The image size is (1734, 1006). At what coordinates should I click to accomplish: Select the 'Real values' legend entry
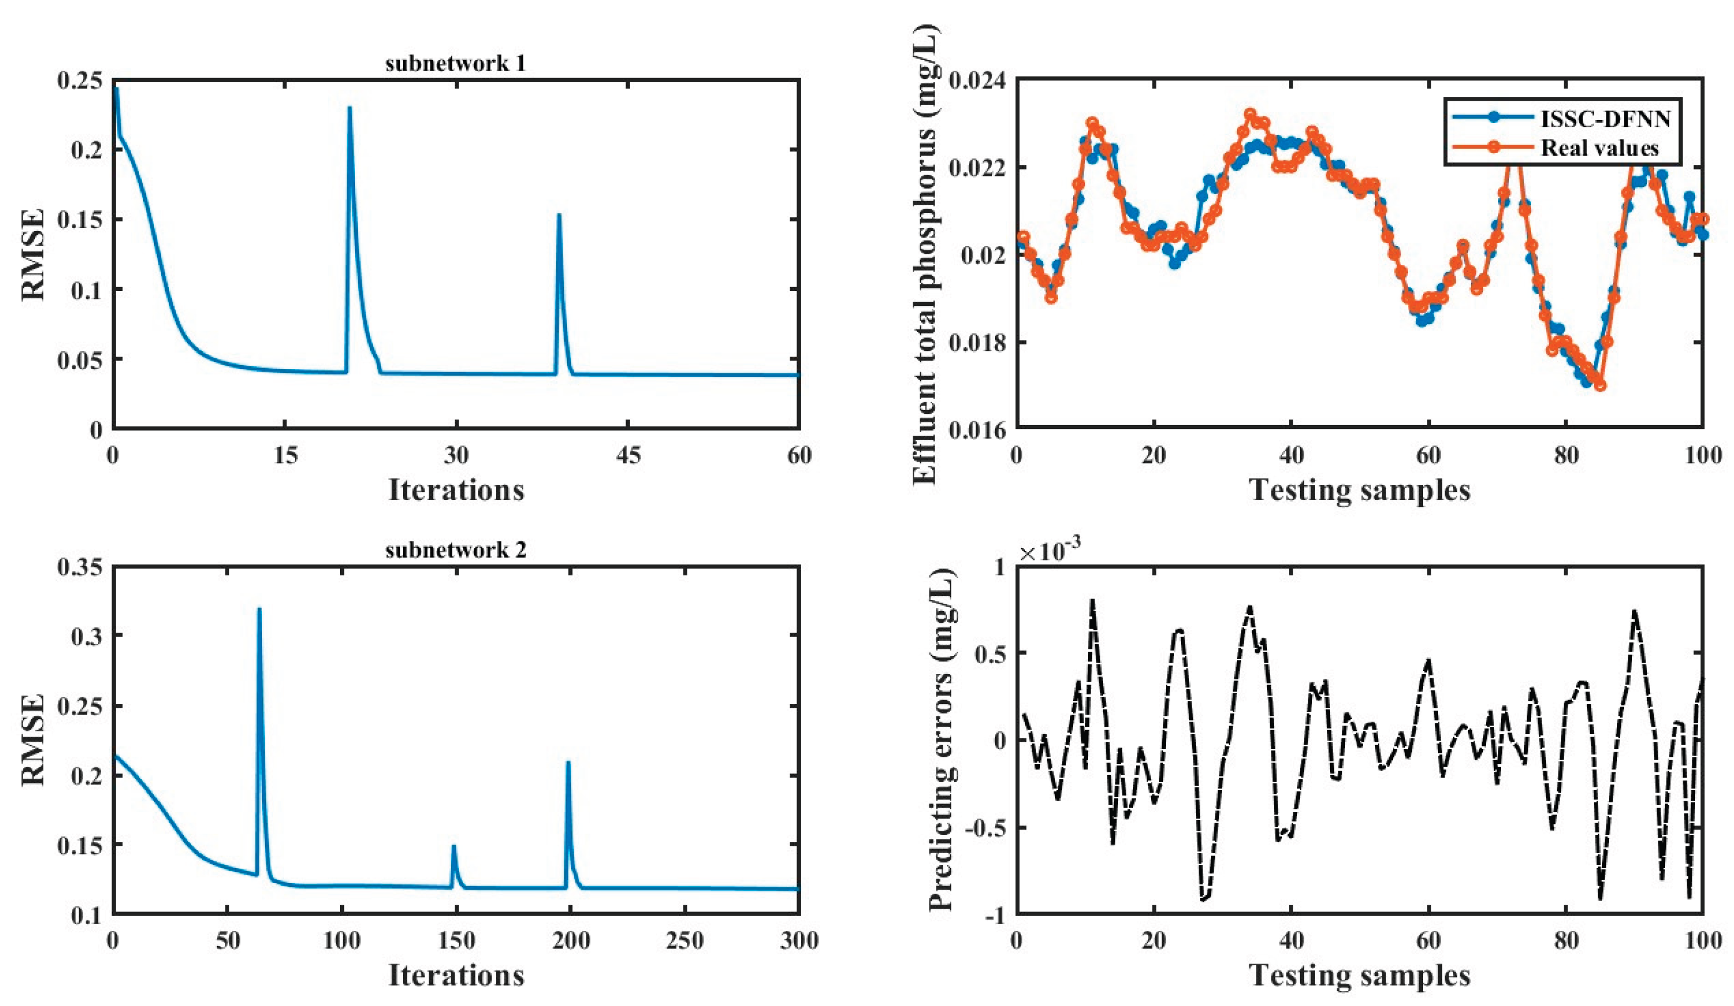(1598, 147)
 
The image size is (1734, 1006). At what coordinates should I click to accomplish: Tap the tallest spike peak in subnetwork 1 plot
(349, 108)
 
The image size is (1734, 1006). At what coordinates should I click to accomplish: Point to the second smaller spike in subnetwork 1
(559, 215)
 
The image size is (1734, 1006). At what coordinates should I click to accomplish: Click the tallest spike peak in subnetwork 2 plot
(259, 609)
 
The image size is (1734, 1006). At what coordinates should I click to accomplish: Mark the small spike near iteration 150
(454, 846)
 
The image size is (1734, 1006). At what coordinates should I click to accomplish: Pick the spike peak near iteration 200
(568, 762)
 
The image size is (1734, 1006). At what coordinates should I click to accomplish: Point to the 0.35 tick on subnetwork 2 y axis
(80, 567)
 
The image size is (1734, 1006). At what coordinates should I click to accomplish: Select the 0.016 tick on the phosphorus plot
(977, 430)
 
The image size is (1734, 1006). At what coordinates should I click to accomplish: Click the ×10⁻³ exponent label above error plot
(1050, 551)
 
